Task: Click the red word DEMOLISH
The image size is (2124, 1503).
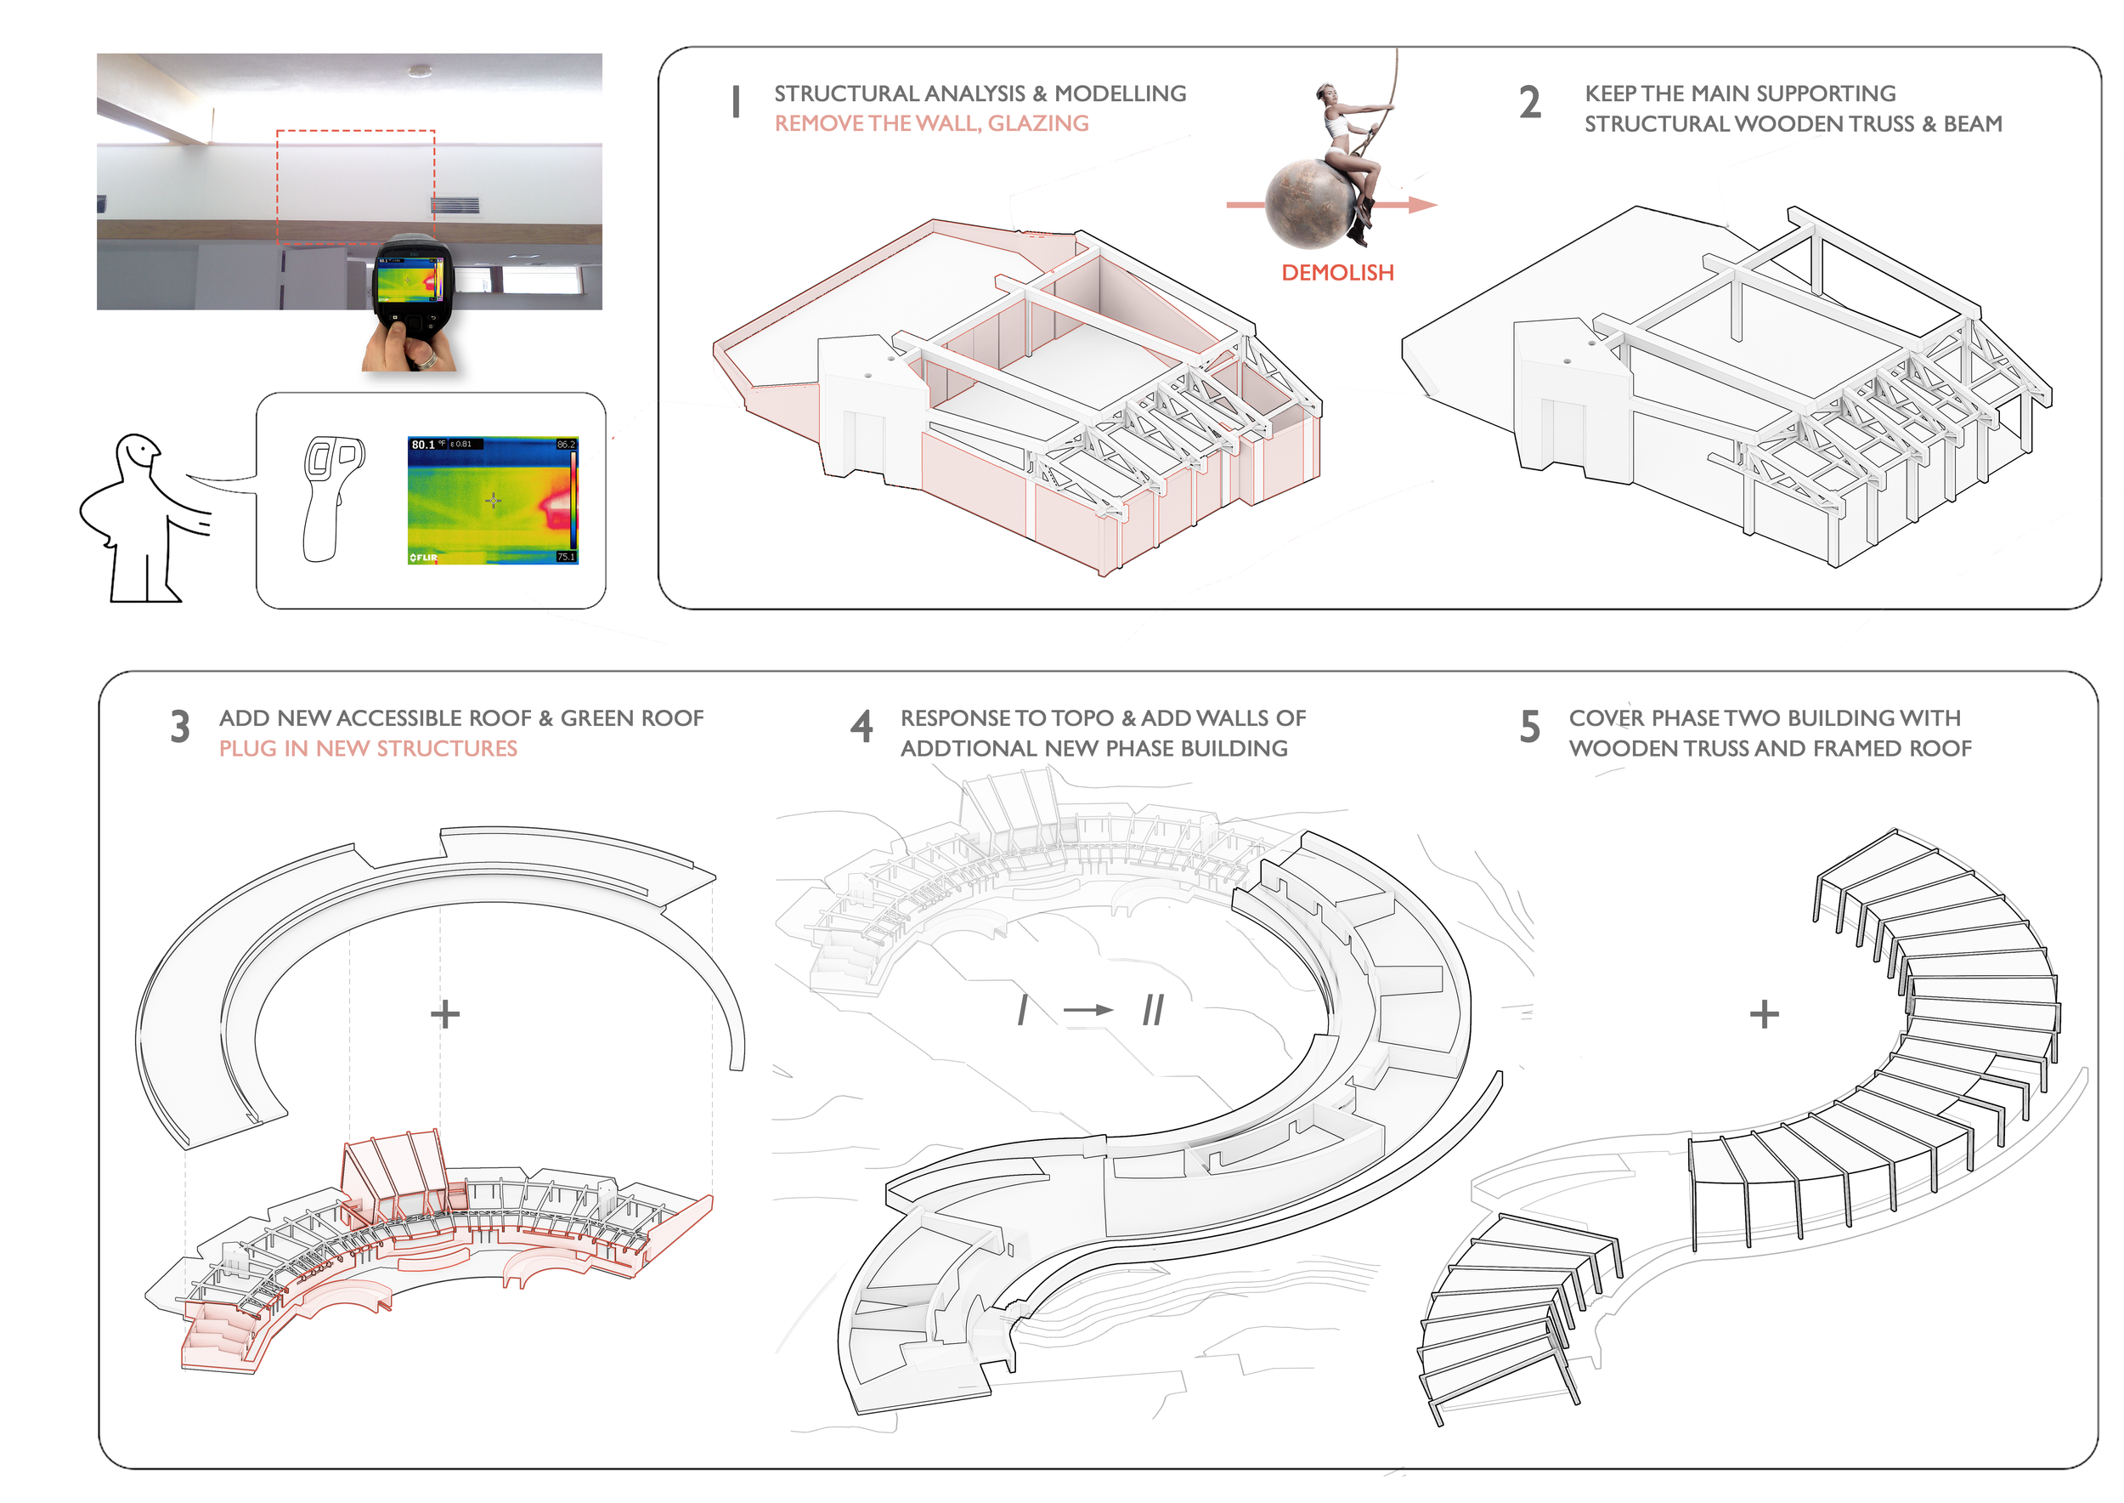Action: [x=1336, y=273]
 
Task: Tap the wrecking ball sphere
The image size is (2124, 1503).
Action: [x=1305, y=205]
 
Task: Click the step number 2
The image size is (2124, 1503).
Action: [x=1530, y=103]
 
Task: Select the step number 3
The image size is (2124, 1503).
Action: [x=180, y=728]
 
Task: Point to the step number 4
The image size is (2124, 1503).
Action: [x=861, y=728]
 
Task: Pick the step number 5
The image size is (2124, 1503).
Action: [x=1530, y=728]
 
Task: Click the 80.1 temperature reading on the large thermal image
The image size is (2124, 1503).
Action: [x=424, y=445]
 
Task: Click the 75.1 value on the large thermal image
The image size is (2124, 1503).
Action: [x=565, y=557]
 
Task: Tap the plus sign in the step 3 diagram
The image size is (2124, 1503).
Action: [x=445, y=1014]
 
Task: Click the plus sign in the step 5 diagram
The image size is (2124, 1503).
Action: [x=1764, y=1014]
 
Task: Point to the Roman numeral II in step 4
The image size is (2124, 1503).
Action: [x=1153, y=1010]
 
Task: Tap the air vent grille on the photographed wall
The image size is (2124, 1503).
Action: [x=456, y=205]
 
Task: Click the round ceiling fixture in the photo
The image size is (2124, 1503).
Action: [x=421, y=70]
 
